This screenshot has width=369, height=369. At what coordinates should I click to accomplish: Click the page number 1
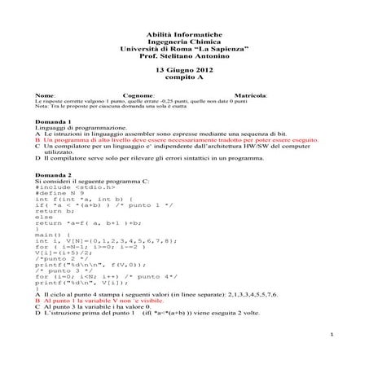click(336, 336)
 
